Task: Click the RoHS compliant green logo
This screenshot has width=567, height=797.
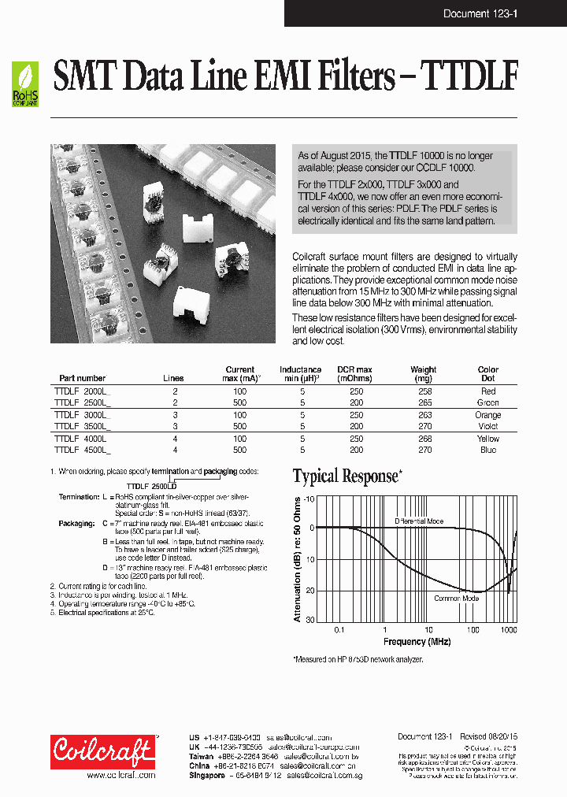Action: [24, 85]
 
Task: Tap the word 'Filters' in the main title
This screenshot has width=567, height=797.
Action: [354, 78]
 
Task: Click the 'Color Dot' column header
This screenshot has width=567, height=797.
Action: [487, 373]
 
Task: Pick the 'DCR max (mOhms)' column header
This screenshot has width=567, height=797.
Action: [355, 373]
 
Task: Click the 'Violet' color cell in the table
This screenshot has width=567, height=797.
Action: [487, 426]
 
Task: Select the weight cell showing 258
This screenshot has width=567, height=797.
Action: [422, 391]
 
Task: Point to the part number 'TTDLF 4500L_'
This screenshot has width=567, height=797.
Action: [82, 450]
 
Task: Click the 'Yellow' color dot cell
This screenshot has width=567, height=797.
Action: [487, 439]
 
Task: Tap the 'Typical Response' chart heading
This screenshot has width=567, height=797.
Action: [346, 476]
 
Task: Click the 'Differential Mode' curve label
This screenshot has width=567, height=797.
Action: [419, 521]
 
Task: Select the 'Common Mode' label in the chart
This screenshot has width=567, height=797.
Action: [456, 599]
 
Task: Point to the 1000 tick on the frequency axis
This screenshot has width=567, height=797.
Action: [508, 630]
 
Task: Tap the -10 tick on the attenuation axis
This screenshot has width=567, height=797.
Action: [309, 499]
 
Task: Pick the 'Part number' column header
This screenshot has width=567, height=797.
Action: [82, 378]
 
